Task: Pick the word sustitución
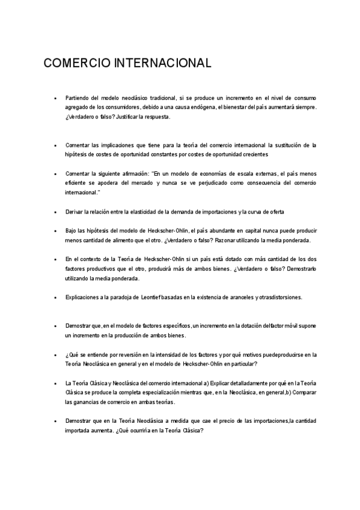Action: pos(285,146)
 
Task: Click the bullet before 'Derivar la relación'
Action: pos(55,212)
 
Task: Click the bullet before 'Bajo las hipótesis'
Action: pos(55,231)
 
